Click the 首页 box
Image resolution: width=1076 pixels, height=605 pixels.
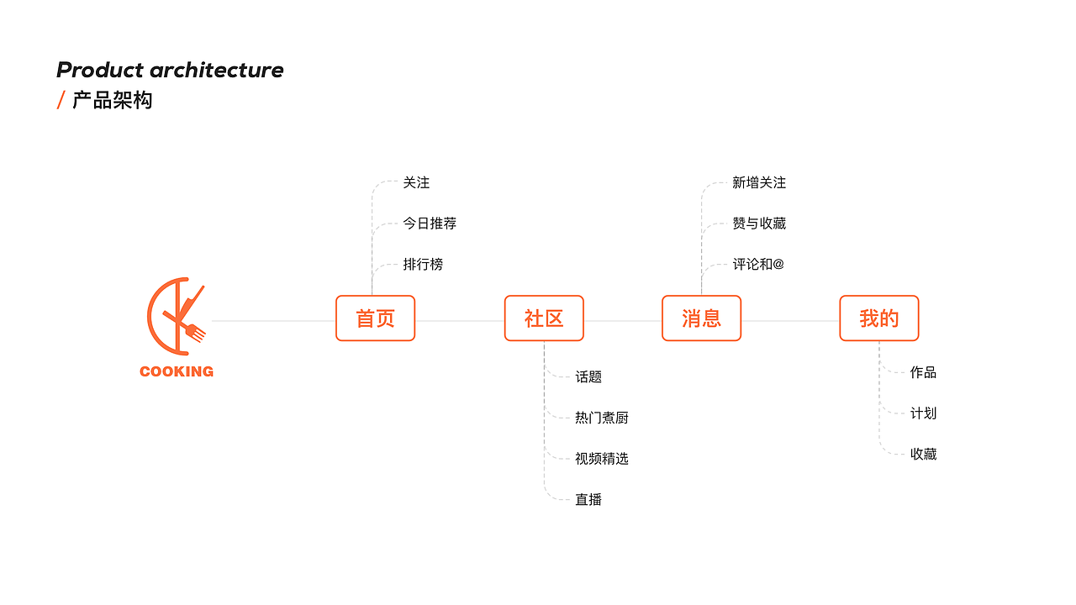[375, 318]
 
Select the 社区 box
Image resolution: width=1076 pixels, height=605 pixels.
[544, 318]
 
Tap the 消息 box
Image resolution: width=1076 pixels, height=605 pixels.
[701, 318]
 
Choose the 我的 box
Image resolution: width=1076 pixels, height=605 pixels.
[878, 318]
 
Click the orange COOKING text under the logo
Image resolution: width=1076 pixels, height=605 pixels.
[177, 371]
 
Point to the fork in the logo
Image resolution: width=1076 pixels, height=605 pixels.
[195, 332]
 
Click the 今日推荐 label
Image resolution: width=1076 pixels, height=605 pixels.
[430, 224]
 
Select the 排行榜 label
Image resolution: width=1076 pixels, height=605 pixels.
[423, 265]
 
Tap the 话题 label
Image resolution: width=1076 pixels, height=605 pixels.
[588, 377]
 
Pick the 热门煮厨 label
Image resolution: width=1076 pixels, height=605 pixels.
[602, 418]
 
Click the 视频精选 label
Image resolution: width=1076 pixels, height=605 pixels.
[602, 459]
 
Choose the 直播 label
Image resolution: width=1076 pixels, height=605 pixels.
[588, 500]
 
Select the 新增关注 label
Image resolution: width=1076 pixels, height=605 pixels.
[759, 183]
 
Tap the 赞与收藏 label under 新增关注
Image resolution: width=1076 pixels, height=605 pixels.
[759, 224]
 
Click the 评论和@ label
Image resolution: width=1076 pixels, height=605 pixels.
[758, 265]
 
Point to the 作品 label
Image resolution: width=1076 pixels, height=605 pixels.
[923, 372]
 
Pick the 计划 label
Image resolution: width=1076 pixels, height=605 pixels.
[923, 413]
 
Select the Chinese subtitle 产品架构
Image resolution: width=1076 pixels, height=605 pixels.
[113, 101]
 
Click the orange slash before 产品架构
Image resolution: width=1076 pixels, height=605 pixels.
[61, 101]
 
